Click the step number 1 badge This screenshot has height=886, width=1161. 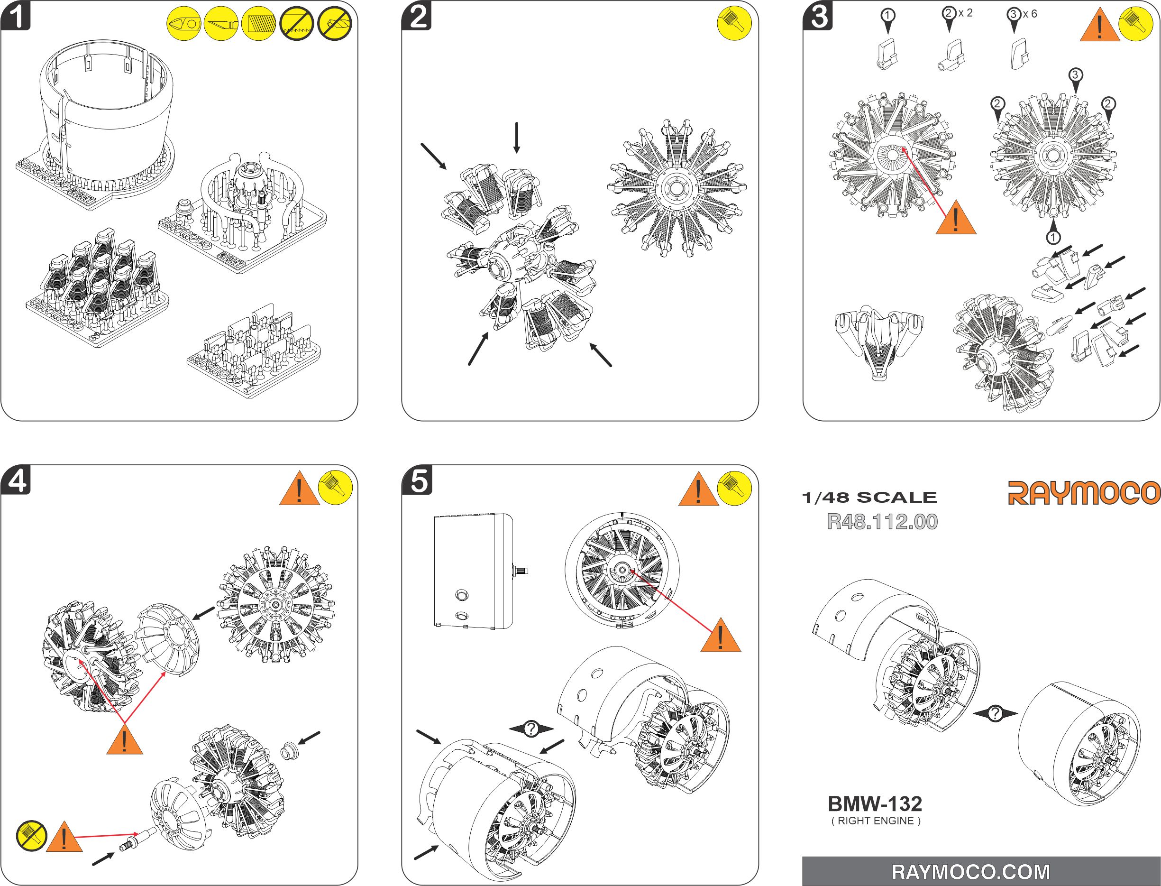pyautogui.click(x=16, y=16)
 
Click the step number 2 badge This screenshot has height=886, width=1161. pyautogui.click(x=417, y=16)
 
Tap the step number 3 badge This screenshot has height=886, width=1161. pyautogui.click(x=818, y=16)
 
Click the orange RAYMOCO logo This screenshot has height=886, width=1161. pyautogui.click(x=1084, y=493)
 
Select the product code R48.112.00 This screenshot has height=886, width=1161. pyautogui.click(x=882, y=522)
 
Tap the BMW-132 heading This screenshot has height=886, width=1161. pyautogui.click(x=875, y=804)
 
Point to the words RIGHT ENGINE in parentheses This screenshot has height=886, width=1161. pyautogui.click(x=876, y=821)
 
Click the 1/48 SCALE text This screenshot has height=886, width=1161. pyautogui.click(x=869, y=498)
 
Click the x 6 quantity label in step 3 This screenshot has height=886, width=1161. pyautogui.click(x=1030, y=14)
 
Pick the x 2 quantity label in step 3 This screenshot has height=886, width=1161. pyautogui.click(x=966, y=13)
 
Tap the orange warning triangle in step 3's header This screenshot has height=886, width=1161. pyautogui.click(x=1099, y=25)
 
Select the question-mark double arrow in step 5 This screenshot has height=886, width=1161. pyautogui.click(x=531, y=729)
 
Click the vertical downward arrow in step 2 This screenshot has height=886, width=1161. pyautogui.click(x=517, y=137)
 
